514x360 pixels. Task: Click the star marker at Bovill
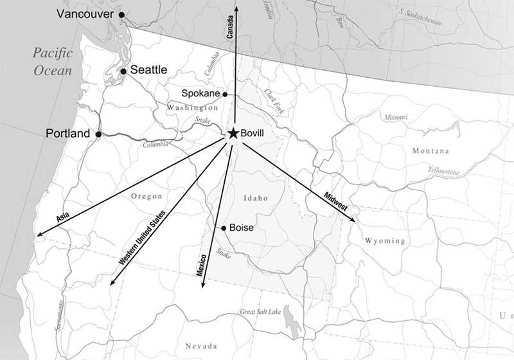pyautogui.click(x=233, y=133)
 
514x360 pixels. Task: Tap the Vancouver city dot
pyautogui.click(x=122, y=14)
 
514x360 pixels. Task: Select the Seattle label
pyautogui.click(x=149, y=69)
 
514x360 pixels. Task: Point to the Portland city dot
pyautogui.click(x=98, y=134)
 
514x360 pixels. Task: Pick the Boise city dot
pyautogui.click(x=224, y=228)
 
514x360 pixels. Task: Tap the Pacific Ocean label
pyautogui.click(x=54, y=61)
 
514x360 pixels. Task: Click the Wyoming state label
pyautogui.click(x=385, y=241)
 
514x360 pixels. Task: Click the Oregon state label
pyautogui.click(x=146, y=196)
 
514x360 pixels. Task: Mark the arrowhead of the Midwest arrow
pyautogui.click(x=355, y=221)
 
